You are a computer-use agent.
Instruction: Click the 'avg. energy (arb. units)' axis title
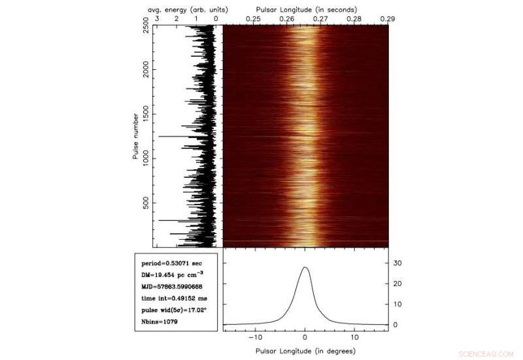click(186, 9)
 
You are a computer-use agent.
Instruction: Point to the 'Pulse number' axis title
click(135, 136)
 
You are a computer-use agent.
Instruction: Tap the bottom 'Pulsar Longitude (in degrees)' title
click(305, 351)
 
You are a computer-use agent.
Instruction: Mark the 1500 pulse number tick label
click(145, 113)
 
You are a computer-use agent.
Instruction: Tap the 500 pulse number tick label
click(145, 204)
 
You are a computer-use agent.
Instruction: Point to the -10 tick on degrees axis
click(254, 338)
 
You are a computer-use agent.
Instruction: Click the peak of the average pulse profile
click(305, 267)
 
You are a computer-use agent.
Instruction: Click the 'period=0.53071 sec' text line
click(167, 263)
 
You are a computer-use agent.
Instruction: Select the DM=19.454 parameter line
click(172, 275)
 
